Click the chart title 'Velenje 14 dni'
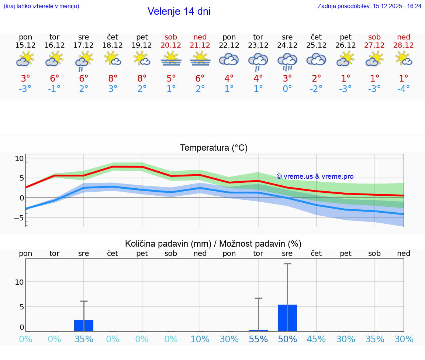(179, 11)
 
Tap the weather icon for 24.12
(287, 61)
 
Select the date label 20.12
(171, 45)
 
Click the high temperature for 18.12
(113, 78)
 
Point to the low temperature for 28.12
(404, 89)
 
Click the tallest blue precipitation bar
(287, 318)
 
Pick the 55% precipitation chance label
(258, 339)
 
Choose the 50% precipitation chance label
(287, 339)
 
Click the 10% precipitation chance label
(200, 339)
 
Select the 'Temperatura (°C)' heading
(214, 148)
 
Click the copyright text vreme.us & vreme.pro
(315, 176)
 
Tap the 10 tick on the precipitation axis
(19, 282)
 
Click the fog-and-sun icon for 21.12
(200, 59)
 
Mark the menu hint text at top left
(41, 6)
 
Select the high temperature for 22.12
(229, 78)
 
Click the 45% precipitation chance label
(317, 339)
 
